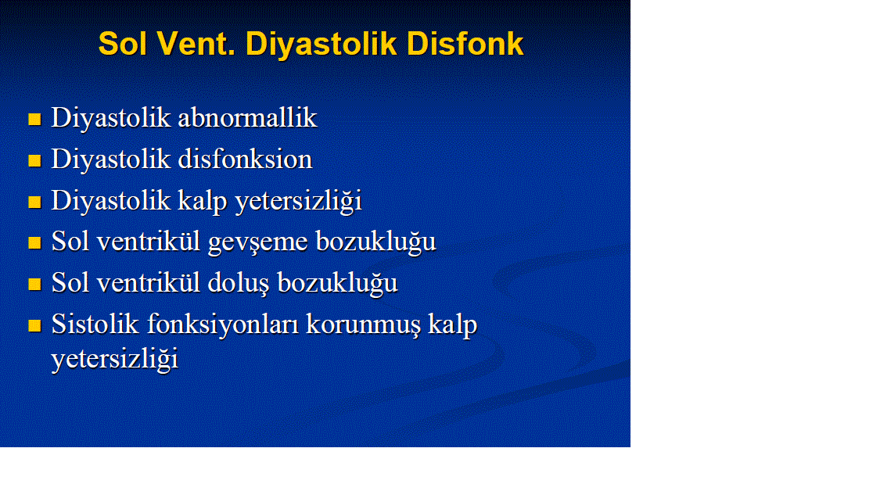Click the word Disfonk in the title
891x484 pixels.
465,44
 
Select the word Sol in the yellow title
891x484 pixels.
123,44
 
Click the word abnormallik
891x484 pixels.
247,117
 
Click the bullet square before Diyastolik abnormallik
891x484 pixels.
34,120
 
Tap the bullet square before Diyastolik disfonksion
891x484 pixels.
34,161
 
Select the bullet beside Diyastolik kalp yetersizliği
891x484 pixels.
34,203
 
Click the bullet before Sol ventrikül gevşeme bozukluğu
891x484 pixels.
34,243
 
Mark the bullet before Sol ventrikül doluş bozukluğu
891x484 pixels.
34,284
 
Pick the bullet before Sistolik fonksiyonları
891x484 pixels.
34,325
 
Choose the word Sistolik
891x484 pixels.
95,324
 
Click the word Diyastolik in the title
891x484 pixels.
321,45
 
